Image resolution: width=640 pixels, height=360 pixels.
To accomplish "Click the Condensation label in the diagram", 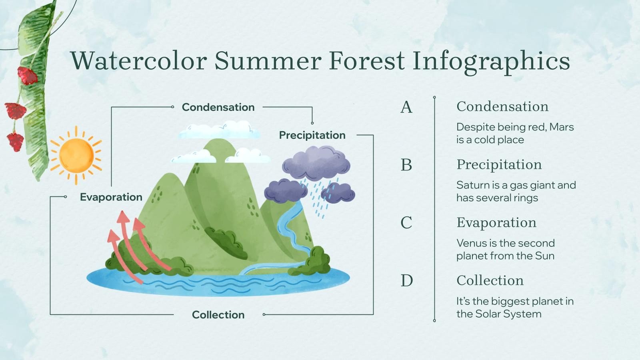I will pos(218,107).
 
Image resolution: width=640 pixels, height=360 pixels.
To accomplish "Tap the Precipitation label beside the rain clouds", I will pos(312,135).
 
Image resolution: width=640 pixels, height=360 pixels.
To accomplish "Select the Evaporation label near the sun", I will pos(111,197).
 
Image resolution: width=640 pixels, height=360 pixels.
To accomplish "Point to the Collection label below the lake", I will pos(218,315).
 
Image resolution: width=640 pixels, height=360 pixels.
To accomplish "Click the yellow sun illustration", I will pos(76,155).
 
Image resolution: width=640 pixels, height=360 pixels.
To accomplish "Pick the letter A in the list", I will pos(406,107).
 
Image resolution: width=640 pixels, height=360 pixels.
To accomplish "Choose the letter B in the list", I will pos(406,165).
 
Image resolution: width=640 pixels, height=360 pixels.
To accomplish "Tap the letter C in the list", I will pos(406,223).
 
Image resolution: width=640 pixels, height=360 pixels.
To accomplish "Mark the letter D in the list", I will pos(406,281).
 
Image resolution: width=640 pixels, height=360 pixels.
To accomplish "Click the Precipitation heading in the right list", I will pos(499,164).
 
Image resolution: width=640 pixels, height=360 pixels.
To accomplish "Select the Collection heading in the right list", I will pos(490,280).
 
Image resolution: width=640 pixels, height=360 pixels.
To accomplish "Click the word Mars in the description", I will pos(561,127).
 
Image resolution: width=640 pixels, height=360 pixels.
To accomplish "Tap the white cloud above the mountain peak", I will pos(219,130).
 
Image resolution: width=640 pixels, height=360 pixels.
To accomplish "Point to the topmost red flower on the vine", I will pos(27,75).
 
